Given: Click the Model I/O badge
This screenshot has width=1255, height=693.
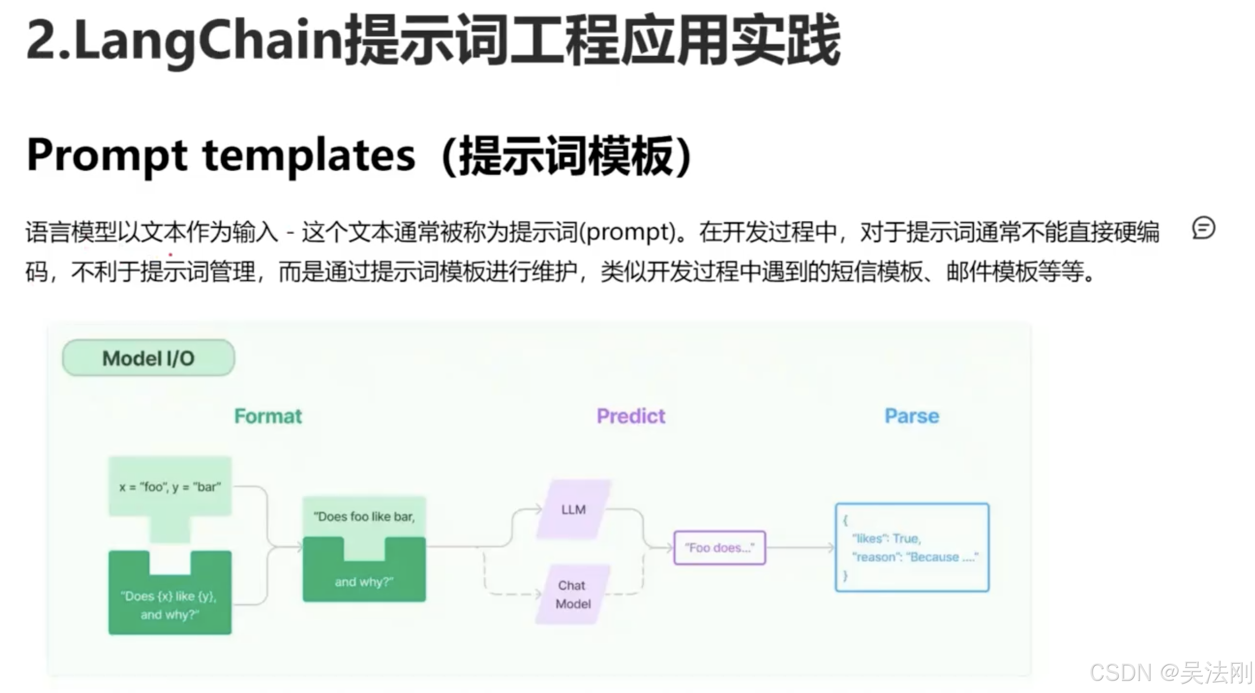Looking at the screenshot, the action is (148, 358).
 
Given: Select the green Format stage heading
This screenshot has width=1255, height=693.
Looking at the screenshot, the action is (268, 416).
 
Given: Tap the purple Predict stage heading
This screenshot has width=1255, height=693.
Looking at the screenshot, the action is (631, 416).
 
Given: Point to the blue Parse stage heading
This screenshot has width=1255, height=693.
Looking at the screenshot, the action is (911, 416).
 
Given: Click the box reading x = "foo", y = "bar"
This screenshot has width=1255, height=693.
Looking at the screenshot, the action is (170, 487).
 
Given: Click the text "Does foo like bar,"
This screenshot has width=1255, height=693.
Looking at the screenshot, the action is (364, 517).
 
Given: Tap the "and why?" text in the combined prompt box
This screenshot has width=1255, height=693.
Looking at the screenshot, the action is (364, 582).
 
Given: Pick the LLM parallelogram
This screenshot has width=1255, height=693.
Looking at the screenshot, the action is (574, 509).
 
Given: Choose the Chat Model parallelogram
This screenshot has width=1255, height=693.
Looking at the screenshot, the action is (573, 595).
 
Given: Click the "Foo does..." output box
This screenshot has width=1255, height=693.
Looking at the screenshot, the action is (719, 547).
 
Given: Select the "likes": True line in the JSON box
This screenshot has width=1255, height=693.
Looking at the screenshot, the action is (886, 538).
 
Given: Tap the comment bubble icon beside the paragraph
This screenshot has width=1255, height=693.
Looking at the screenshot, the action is (1203, 228).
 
